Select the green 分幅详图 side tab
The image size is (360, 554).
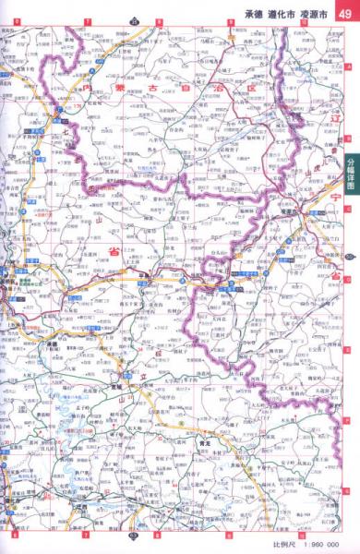point(351,170)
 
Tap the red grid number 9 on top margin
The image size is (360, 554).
point(227,20)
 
